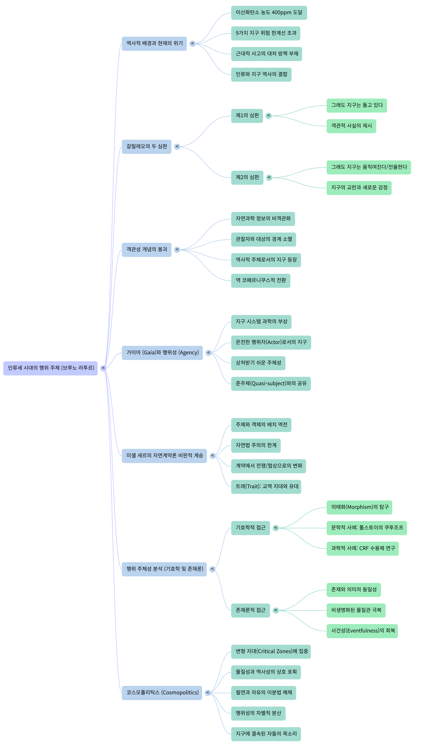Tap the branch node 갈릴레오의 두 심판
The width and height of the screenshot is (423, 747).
pyautogui.click(x=146, y=146)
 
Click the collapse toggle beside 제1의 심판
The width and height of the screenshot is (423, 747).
pyautogui.click(x=269, y=116)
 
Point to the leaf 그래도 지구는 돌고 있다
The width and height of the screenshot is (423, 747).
pyautogui.click(x=356, y=105)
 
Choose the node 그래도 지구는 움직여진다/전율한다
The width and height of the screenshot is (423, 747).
pyautogui.click(x=368, y=167)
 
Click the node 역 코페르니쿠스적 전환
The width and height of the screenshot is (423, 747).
pyautogui.click(x=261, y=280)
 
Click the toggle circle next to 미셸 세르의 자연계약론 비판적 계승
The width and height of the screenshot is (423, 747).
pyautogui.click(x=213, y=456)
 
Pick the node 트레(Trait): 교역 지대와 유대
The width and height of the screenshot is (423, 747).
pyautogui.click(x=266, y=487)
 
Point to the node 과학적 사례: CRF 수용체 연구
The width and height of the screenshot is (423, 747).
pyautogui.click(x=363, y=549)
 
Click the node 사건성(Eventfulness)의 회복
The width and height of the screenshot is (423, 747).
pyautogui.click(x=362, y=631)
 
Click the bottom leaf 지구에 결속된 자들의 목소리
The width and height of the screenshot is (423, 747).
pyautogui.click(x=266, y=734)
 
